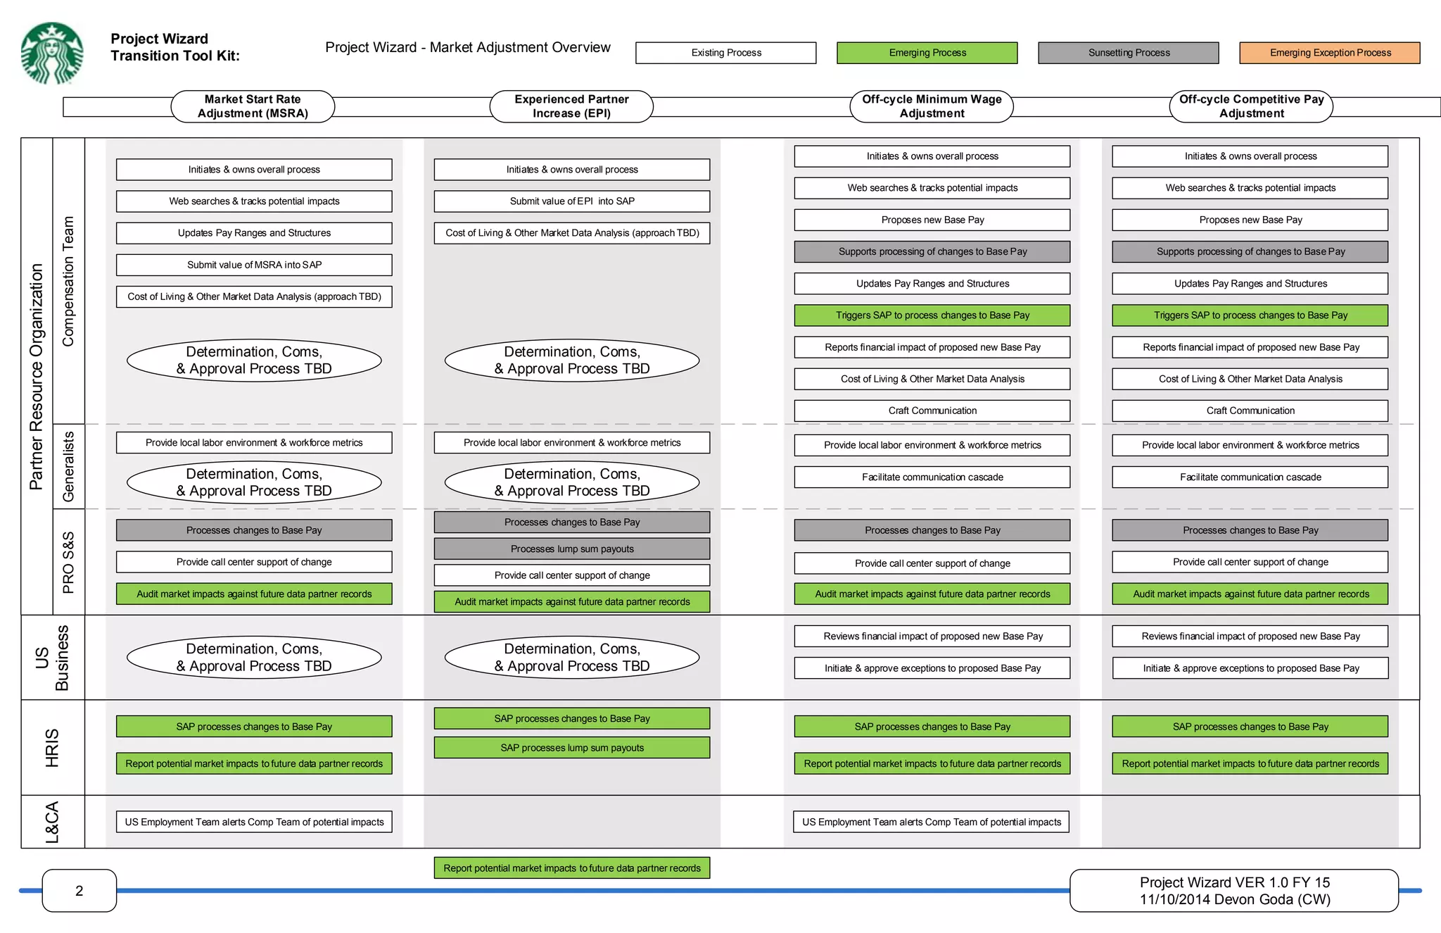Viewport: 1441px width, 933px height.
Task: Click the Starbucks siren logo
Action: click(52, 54)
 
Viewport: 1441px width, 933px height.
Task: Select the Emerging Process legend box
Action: click(927, 53)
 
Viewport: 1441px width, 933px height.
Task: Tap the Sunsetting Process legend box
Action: click(1128, 53)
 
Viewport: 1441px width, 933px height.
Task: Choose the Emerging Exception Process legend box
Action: click(1329, 53)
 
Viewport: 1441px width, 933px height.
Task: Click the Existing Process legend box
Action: click(725, 53)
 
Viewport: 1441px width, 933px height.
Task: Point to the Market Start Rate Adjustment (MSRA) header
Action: click(253, 106)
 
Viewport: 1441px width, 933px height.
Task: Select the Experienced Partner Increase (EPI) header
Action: click(571, 106)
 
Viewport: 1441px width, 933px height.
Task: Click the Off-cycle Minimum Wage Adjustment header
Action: click(932, 106)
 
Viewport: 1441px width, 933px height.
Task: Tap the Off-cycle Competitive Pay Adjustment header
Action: click(1251, 106)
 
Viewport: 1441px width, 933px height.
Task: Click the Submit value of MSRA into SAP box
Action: click(254, 265)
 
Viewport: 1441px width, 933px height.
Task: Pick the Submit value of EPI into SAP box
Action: click(572, 201)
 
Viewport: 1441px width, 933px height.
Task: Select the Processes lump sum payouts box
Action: click(572, 549)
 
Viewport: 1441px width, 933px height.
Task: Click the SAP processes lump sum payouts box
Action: click(572, 748)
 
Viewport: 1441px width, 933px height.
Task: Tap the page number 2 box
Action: click(80, 891)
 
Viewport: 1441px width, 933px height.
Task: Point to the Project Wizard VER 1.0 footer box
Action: click(1234, 891)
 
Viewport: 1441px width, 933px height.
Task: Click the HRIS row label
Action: click(53, 748)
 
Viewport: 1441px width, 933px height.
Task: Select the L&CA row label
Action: click(53, 822)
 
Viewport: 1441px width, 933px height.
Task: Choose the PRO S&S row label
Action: click(68, 562)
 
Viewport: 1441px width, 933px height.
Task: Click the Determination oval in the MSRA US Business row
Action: click(254, 658)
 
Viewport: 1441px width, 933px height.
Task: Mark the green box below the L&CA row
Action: click(572, 868)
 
